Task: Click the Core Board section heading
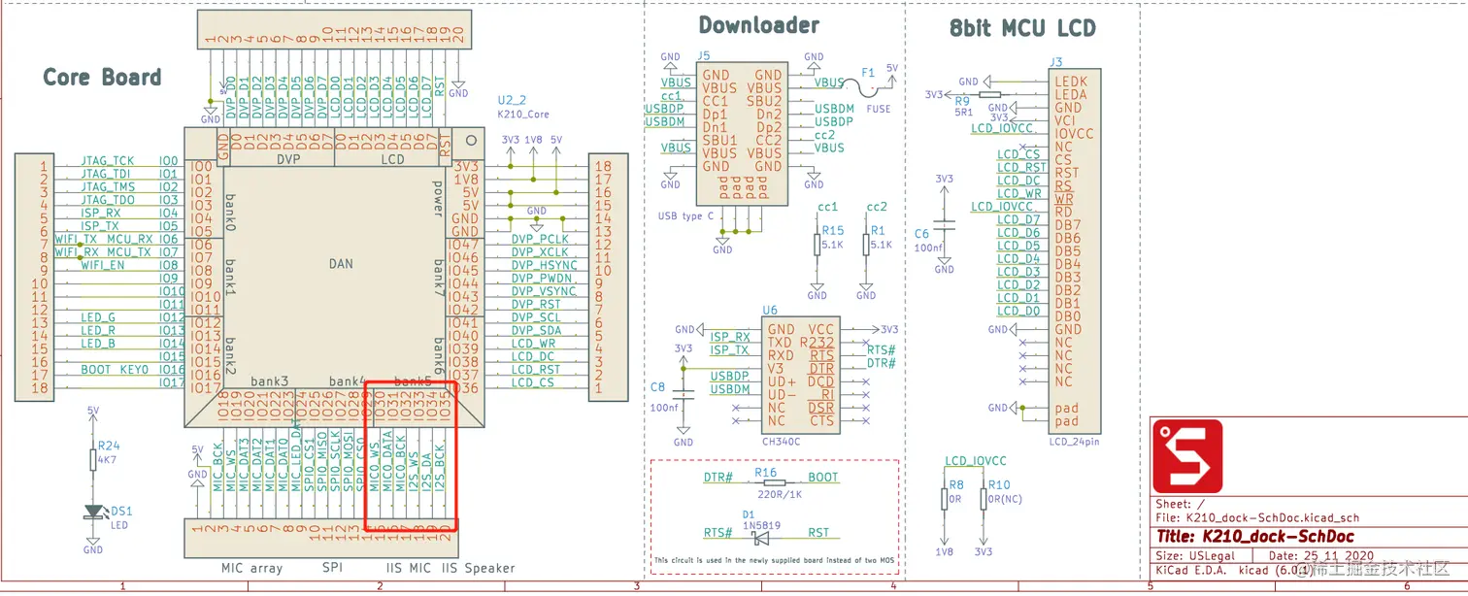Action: pyautogui.click(x=102, y=78)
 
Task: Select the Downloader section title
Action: pyautogui.click(x=758, y=26)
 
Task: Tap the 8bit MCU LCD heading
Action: pyautogui.click(x=1021, y=29)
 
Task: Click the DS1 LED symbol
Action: pyautogui.click(x=93, y=512)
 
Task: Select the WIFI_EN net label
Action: pyautogui.click(x=102, y=265)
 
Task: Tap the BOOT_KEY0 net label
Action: pyautogui.click(x=115, y=370)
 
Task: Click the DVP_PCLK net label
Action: pyautogui.click(x=539, y=239)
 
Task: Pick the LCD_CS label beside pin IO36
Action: pyautogui.click(x=533, y=383)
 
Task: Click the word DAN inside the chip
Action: pyautogui.click(x=340, y=264)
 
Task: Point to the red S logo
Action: pyautogui.click(x=1187, y=456)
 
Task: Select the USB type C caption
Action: pyautogui.click(x=686, y=215)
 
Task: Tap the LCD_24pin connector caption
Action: pyautogui.click(x=1075, y=442)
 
